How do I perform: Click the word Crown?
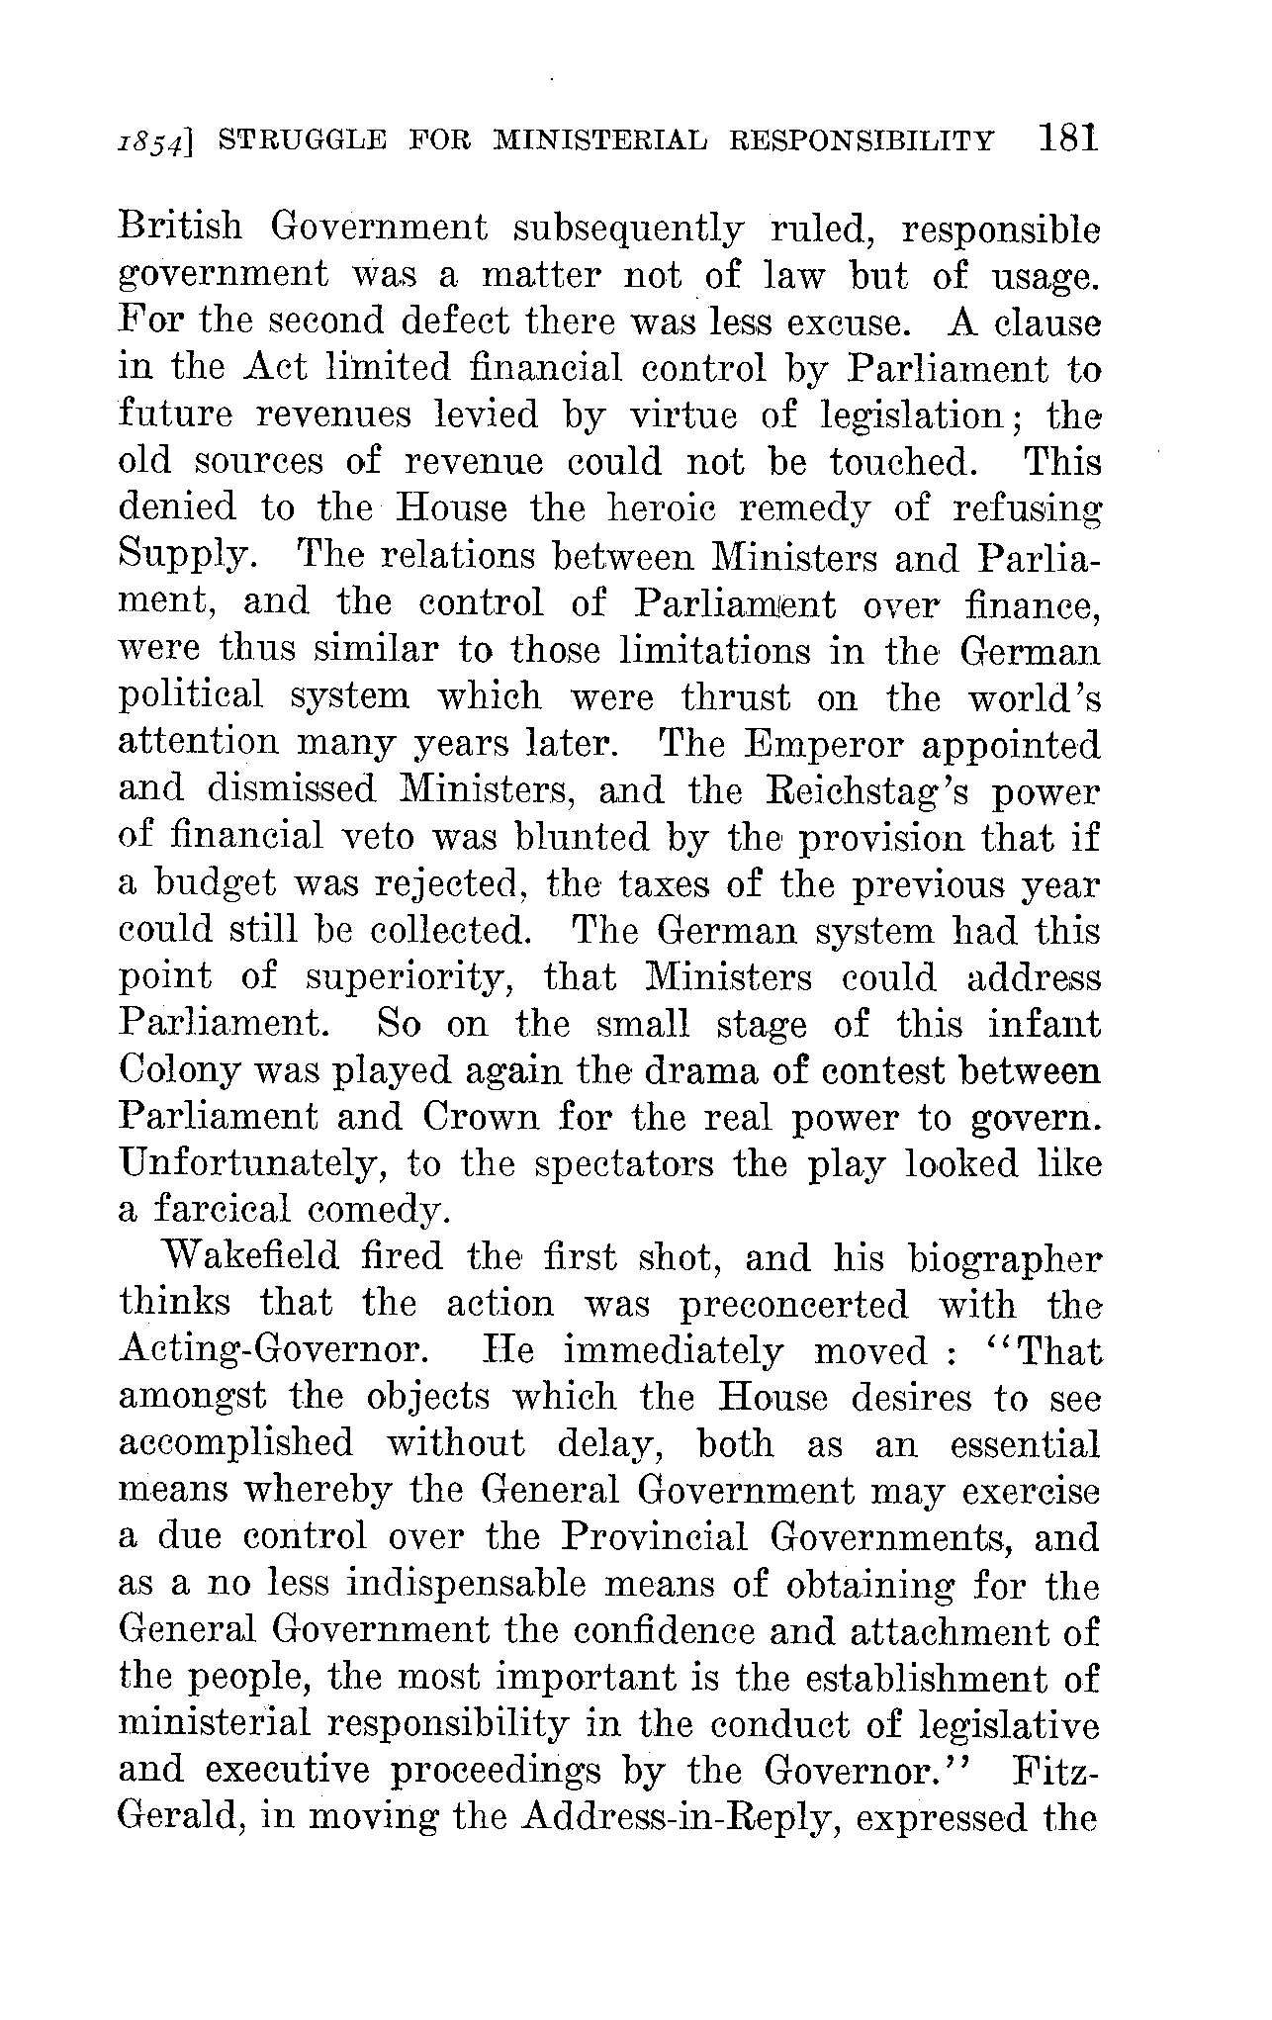click(482, 1117)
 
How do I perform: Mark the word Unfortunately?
click(251, 1164)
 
